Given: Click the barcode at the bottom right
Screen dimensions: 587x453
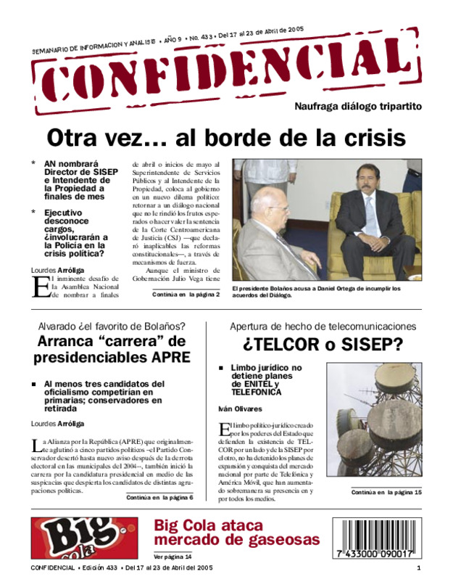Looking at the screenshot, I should [374, 538].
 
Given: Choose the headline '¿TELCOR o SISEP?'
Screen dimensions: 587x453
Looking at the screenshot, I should [323, 344].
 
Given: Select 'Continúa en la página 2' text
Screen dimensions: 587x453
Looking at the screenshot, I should [186, 295].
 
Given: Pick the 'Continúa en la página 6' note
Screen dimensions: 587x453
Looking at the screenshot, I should [159, 498].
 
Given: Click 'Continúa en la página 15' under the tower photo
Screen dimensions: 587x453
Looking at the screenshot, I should [386, 492].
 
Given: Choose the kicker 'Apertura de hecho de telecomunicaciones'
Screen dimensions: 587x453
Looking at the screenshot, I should [323, 327].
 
